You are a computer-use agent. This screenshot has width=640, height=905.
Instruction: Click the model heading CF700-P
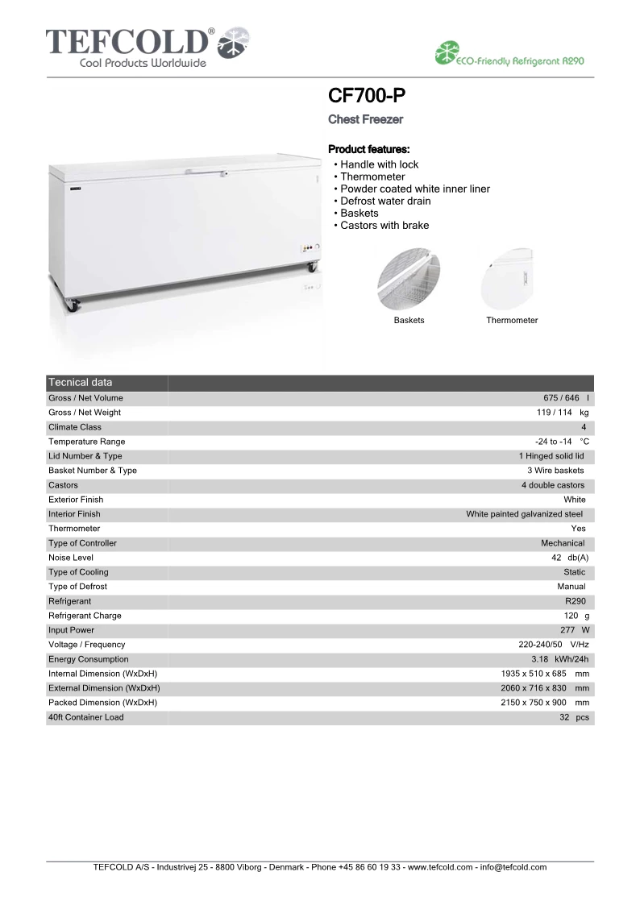point(367,97)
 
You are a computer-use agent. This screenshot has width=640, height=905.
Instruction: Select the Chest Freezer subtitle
point(365,120)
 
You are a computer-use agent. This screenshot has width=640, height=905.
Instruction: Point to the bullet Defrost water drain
point(385,201)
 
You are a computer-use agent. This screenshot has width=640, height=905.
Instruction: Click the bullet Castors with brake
point(384,226)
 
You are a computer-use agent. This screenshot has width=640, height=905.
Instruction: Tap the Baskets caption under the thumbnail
point(409,321)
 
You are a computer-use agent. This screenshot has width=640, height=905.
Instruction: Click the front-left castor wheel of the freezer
point(72,305)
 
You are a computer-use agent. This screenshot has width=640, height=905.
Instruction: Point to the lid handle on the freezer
point(206,172)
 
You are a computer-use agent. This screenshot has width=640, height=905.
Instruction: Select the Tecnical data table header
point(81,382)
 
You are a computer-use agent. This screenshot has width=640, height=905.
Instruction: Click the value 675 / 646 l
point(566,398)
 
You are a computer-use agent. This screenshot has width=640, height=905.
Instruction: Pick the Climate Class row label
point(75,427)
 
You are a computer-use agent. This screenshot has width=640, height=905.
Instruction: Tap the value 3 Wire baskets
point(555,471)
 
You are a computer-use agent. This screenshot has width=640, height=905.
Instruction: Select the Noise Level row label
point(71,558)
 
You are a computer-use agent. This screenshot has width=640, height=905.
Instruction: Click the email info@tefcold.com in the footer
point(513,867)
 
